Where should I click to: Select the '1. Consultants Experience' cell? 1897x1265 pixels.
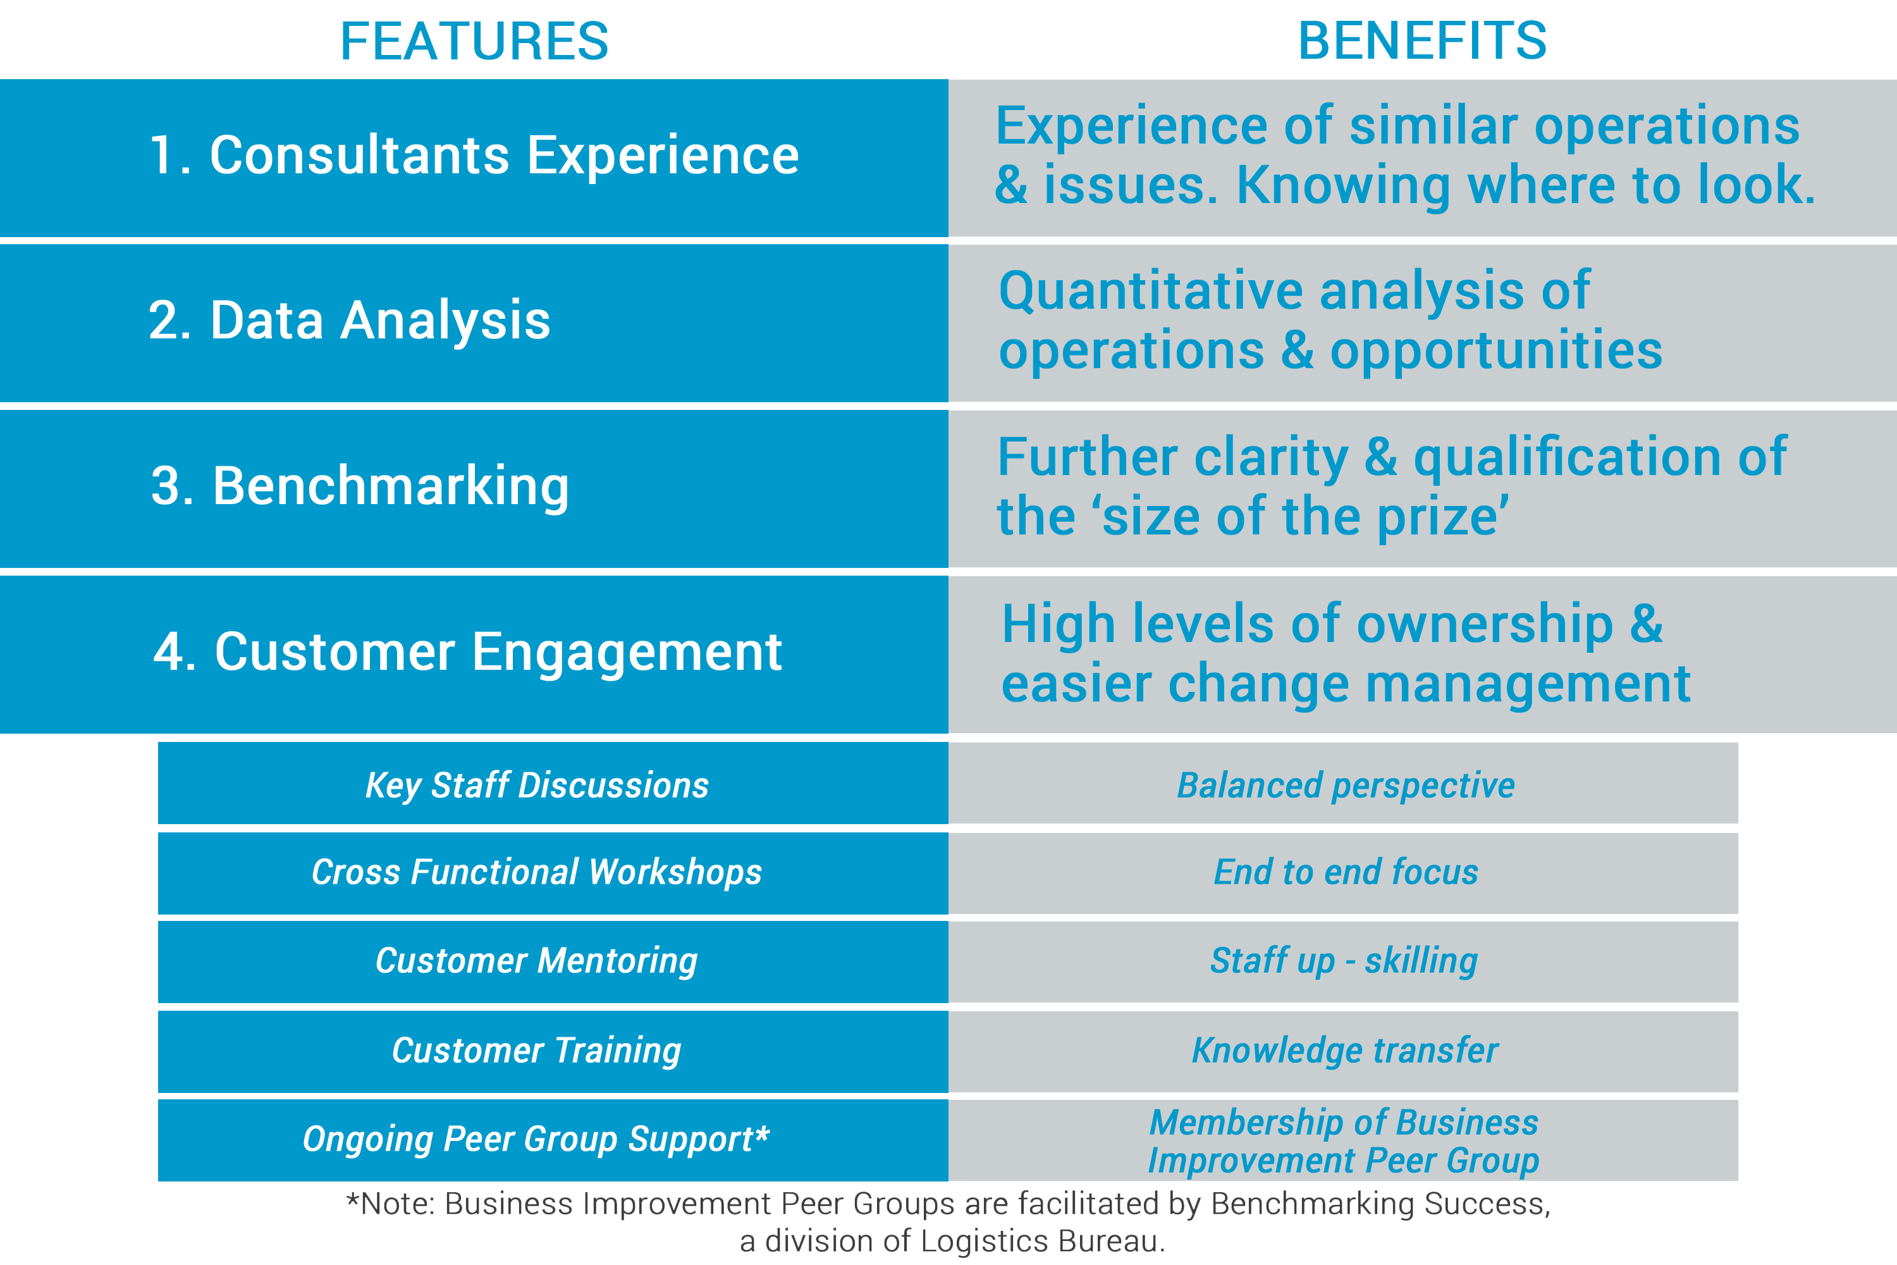click(474, 158)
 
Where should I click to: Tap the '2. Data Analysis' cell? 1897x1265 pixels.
click(474, 323)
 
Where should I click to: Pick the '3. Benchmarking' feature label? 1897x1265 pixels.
click(360, 486)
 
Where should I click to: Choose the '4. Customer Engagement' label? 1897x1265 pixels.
click(467, 652)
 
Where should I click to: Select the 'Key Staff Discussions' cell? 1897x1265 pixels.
click(553, 784)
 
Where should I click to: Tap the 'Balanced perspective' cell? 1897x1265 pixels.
click(1343, 784)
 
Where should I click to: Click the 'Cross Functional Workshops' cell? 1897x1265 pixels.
click(553, 873)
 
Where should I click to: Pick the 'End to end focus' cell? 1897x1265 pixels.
click(1343, 873)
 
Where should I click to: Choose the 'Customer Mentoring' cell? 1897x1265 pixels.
click(553, 961)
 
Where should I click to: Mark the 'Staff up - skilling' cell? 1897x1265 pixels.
click(1343, 961)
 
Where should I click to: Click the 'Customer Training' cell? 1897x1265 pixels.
click(553, 1051)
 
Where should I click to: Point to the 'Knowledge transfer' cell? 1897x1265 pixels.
click(1343, 1051)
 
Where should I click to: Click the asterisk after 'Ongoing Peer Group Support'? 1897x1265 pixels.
click(762, 1132)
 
